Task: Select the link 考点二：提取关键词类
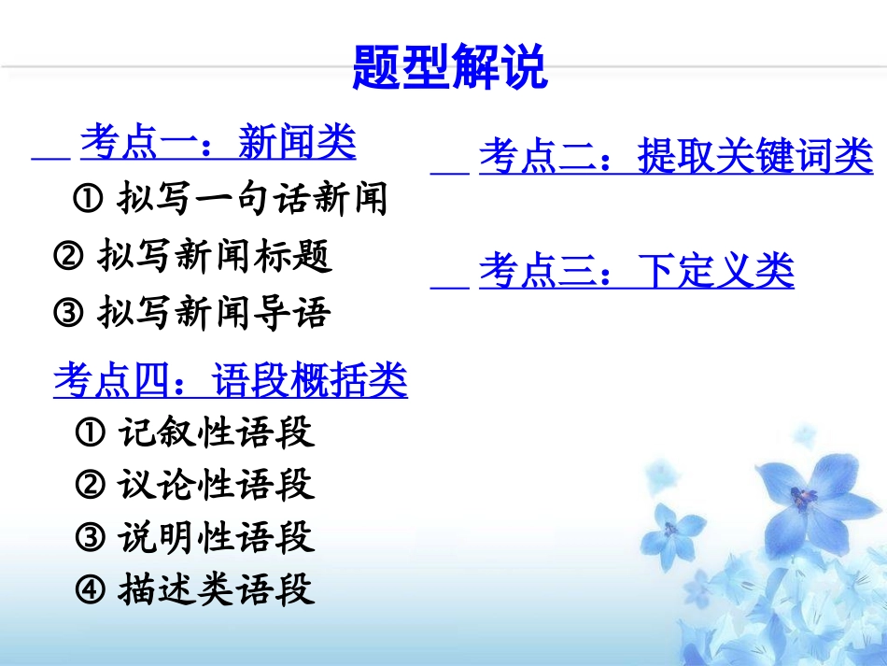[676, 157]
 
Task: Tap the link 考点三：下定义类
[636, 272]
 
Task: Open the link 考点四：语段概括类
[231, 380]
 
